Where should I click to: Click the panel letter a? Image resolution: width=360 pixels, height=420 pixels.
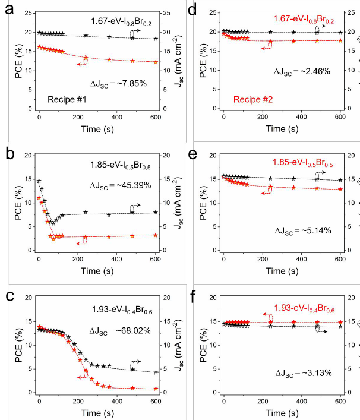(9, 10)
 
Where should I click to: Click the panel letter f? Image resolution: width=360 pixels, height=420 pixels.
(193, 296)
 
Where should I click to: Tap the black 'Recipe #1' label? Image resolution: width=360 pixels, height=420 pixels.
(67, 100)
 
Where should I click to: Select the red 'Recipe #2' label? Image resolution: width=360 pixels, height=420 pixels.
(253, 99)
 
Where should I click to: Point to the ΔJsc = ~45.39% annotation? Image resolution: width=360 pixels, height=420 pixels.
(120, 185)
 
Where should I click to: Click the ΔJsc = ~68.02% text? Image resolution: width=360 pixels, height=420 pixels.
(120, 331)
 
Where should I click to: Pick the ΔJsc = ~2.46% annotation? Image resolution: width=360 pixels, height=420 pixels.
(302, 72)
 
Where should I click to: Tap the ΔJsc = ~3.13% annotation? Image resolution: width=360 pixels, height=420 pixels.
(304, 373)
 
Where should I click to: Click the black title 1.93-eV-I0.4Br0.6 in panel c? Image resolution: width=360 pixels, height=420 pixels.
(122, 310)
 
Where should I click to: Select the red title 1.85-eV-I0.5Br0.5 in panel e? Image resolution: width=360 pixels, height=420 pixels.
(303, 163)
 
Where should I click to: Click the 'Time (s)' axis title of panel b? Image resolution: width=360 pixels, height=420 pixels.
(97, 271)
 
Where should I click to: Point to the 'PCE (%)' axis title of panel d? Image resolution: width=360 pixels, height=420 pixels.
(204, 61)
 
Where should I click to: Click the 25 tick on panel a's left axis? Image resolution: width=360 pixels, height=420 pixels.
(28, 13)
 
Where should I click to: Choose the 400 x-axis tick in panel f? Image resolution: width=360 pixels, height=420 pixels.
(302, 401)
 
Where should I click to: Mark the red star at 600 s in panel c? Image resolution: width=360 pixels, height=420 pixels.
(156, 389)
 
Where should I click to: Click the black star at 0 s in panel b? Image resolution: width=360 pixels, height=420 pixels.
(39, 181)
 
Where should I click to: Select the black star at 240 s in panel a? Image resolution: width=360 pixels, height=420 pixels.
(86, 36)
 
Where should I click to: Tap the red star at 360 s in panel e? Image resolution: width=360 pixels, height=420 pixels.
(294, 188)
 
